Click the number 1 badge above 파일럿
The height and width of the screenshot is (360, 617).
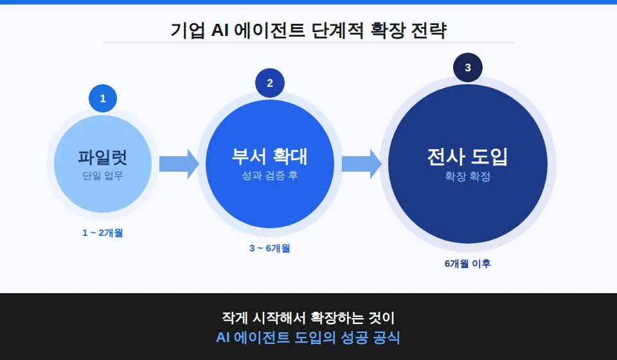click(x=103, y=98)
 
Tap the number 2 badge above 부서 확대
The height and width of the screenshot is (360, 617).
click(x=270, y=83)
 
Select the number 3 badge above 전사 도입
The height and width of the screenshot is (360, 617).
click(x=468, y=67)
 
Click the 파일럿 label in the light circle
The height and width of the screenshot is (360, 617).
click(x=103, y=157)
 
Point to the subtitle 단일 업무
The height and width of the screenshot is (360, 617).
click(x=103, y=175)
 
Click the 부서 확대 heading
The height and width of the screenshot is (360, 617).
click(x=269, y=156)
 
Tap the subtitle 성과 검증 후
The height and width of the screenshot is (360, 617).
click(x=270, y=175)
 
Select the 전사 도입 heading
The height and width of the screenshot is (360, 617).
click(x=467, y=157)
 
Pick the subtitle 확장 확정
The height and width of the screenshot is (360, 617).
click(x=467, y=176)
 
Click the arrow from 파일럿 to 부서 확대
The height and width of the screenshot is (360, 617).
click(x=179, y=164)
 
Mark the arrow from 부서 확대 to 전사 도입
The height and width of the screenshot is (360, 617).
click(x=362, y=164)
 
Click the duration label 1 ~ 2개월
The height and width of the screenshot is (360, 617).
click(x=103, y=233)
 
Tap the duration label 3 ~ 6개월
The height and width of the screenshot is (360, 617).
click(x=270, y=248)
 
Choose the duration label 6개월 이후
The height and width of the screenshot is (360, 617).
click(x=467, y=264)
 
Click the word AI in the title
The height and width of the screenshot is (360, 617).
click(x=220, y=30)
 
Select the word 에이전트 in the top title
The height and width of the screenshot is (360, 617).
click(x=269, y=30)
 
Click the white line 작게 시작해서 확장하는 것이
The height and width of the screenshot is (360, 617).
click(x=308, y=318)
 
